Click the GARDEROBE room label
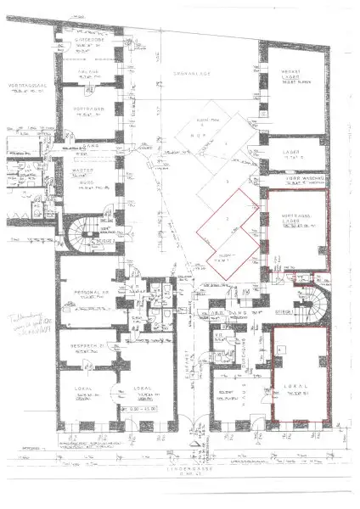[89, 40]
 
